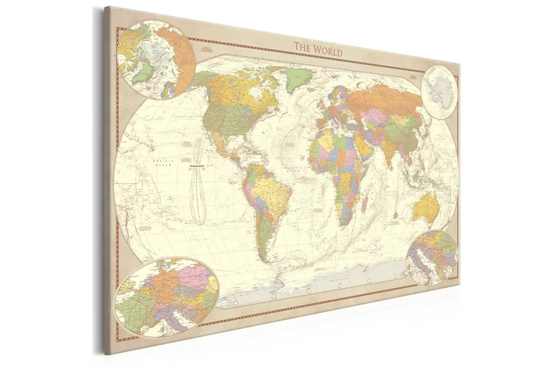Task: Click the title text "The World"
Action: coord(317,48)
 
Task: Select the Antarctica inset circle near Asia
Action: coord(440,89)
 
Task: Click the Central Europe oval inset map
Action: coord(167,291)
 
